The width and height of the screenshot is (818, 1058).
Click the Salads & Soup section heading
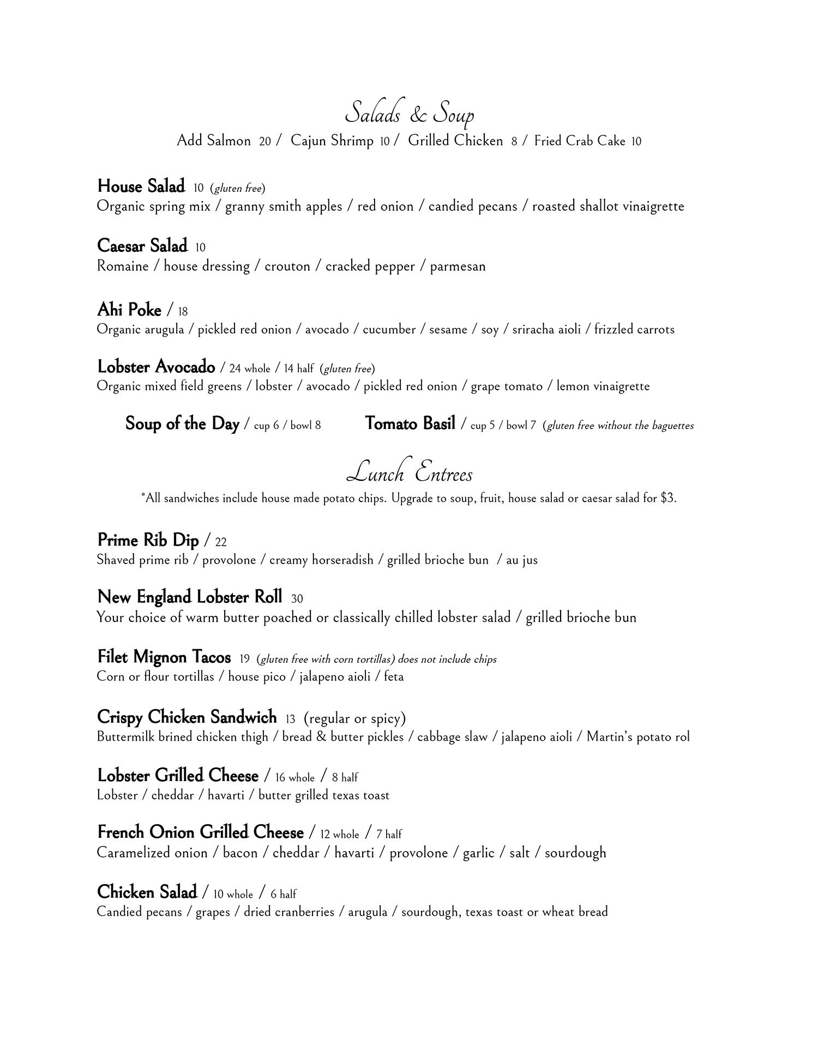pyautogui.click(x=410, y=113)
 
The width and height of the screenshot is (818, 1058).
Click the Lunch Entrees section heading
pyautogui.click(x=410, y=473)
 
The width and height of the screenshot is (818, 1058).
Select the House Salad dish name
pyautogui.click(x=141, y=186)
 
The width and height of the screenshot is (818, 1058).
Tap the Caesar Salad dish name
pyautogui.click(x=142, y=246)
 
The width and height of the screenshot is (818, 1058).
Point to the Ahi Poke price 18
pyautogui.click(x=183, y=312)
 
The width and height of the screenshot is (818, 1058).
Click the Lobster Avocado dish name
pyautogui.click(x=156, y=367)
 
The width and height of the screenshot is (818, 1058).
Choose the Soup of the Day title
pyautogui.click(x=182, y=424)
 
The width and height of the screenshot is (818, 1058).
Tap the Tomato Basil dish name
pyautogui.click(x=410, y=424)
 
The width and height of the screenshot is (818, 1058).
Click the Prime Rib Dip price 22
pyautogui.click(x=221, y=542)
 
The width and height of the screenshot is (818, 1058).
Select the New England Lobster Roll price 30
pyautogui.click(x=297, y=598)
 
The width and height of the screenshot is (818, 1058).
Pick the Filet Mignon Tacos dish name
pyautogui.click(x=164, y=657)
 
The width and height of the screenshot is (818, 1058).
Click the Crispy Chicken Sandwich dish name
pyautogui.click(x=187, y=717)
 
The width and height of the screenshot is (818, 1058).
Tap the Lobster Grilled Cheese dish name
pyautogui.click(x=178, y=776)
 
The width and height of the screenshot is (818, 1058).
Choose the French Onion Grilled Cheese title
pyautogui.click(x=200, y=833)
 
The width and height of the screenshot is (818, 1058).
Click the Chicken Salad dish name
pyautogui.click(x=147, y=892)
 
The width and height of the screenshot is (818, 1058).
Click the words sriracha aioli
pyautogui.click(x=546, y=330)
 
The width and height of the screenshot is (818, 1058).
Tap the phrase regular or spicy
pyautogui.click(x=355, y=718)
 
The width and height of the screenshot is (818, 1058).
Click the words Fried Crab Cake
pyautogui.click(x=580, y=141)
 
